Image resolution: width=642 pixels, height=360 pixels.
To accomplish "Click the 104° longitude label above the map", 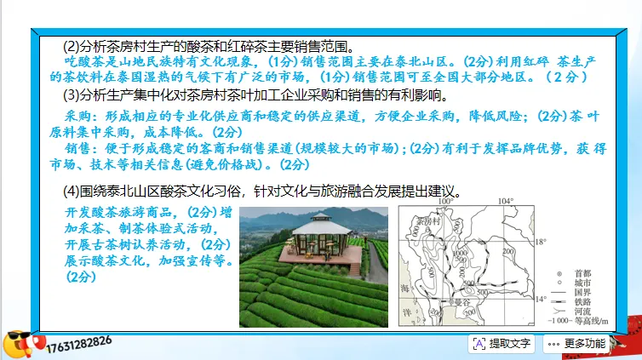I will click(x=506, y=202).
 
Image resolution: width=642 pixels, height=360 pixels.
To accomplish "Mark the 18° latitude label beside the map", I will click(x=541, y=242).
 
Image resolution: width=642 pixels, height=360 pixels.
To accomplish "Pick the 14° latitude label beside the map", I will click(x=541, y=300).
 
